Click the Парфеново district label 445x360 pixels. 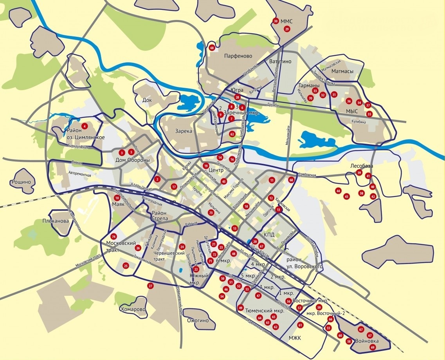click(x=238, y=56)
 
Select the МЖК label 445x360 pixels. click(x=294, y=338)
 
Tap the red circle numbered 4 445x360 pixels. click(x=84, y=126)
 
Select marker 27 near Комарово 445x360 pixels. click(x=150, y=286)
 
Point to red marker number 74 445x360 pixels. click(x=114, y=237)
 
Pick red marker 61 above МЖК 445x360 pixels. click(x=300, y=325)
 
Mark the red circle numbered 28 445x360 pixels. click(x=237, y=97)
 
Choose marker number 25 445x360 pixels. click(x=126, y=266)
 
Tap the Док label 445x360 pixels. click(x=147, y=100)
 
